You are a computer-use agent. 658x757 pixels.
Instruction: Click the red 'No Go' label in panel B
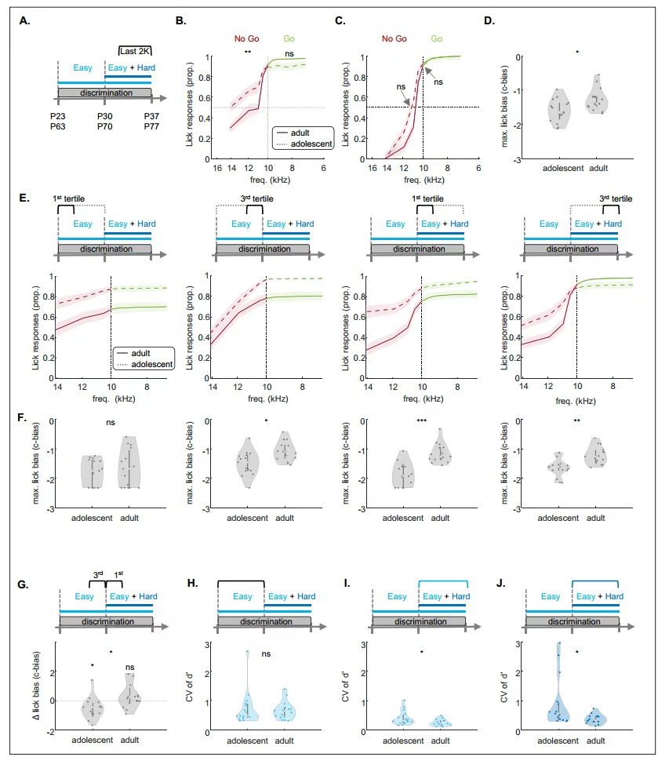point(248,38)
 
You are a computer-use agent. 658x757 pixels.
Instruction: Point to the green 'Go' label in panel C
point(437,38)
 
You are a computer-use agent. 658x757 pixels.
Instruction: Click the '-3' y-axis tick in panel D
point(518,159)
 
